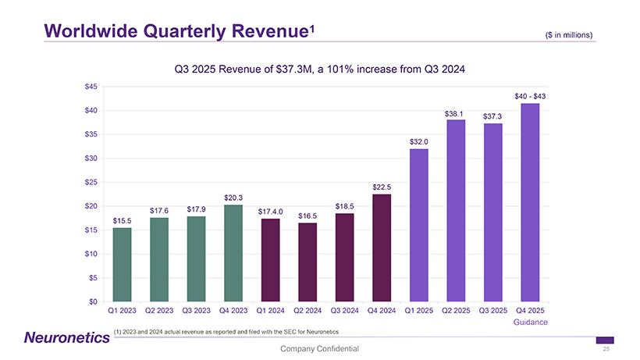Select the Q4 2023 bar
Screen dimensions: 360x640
point(233,253)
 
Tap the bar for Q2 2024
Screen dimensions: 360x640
point(308,262)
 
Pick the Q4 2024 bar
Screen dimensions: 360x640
point(382,248)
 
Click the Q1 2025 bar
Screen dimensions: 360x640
point(418,225)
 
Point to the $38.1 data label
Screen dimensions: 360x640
point(456,114)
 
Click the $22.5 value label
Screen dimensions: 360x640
point(382,187)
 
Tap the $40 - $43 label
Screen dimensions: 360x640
point(530,96)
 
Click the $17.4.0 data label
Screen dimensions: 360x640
point(270,212)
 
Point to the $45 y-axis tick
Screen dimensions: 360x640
point(91,86)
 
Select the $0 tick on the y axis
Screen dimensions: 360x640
point(94,301)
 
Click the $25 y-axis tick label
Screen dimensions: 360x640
point(91,182)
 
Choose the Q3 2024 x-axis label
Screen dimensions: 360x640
point(344,312)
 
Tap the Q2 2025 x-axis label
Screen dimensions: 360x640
point(456,312)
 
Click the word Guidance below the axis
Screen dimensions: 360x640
point(530,322)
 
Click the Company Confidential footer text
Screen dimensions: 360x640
point(320,348)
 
